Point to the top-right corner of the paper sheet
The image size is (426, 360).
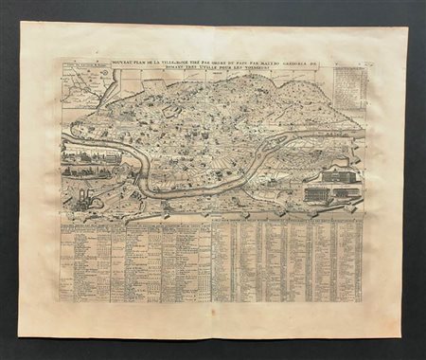[x=407, y=27]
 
